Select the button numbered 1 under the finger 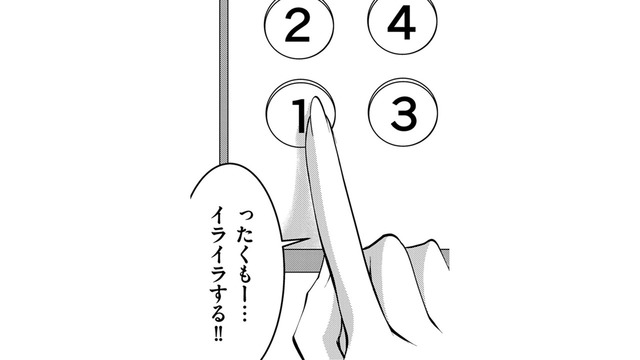coord(290,118)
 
